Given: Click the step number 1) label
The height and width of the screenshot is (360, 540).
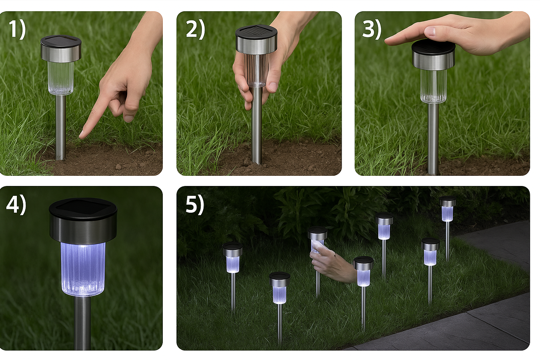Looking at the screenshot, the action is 17,30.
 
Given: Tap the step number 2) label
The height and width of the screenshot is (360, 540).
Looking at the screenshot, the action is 195,30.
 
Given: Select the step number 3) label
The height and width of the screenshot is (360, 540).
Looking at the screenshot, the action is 372,30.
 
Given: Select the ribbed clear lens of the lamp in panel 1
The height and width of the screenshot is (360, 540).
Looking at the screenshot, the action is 60,78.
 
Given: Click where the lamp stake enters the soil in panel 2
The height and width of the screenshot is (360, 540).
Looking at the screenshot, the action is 257,163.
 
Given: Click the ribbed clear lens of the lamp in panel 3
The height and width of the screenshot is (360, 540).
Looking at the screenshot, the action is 433,86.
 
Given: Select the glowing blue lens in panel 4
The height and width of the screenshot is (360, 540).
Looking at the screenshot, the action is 83,269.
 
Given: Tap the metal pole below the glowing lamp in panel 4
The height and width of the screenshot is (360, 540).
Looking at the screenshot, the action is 82,323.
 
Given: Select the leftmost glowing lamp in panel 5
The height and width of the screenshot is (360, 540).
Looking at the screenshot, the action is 233,258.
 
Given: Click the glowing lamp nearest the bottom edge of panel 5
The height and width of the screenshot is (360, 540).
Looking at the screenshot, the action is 279,288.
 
